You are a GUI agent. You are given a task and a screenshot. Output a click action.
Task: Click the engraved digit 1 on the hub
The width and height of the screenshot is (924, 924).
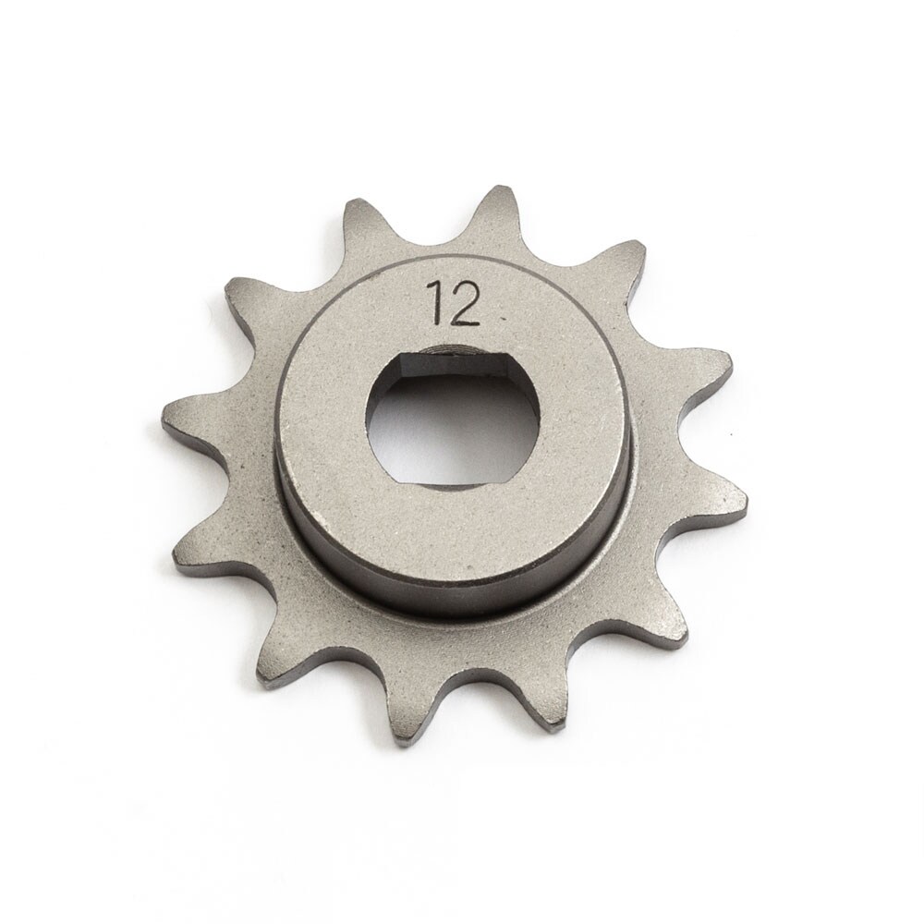tap(433, 304)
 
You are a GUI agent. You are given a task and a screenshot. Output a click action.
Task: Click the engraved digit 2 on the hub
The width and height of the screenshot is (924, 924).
tap(465, 306)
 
